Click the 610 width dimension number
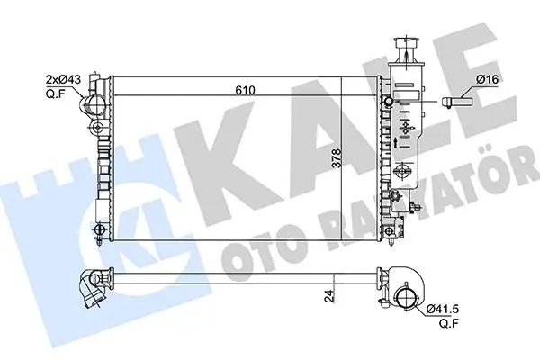click(x=245, y=90)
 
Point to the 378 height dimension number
click(x=337, y=158)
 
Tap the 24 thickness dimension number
click(x=330, y=296)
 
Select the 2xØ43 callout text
click(x=63, y=79)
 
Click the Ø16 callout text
click(x=487, y=79)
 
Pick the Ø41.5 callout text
click(x=443, y=309)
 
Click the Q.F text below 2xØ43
click(x=55, y=93)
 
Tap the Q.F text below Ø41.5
click(x=449, y=323)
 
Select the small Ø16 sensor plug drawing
click(x=457, y=102)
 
